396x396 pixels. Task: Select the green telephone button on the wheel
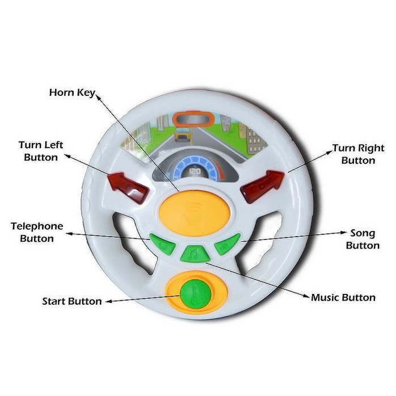click(x=163, y=244)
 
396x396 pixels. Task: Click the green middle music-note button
click(x=195, y=254)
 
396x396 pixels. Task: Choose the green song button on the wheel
click(x=227, y=244)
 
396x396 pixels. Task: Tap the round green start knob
click(x=196, y=294)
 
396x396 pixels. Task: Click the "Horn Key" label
click(x=72, y=92)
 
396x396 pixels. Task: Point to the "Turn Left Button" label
click(x=41, y=151)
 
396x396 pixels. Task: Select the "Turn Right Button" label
click(x=358, y=154)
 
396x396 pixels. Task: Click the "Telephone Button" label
click(x=37, y=233)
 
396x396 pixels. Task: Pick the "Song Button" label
click(x=363, y=239)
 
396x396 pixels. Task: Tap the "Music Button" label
click(x=343, y=297)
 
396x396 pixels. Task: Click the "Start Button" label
click(x=72, y=301)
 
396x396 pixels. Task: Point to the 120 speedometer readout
click(x=195, y=172)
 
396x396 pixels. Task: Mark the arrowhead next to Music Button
click(x=306, y=295)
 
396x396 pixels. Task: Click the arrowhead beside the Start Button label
click(x=108, y=301)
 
